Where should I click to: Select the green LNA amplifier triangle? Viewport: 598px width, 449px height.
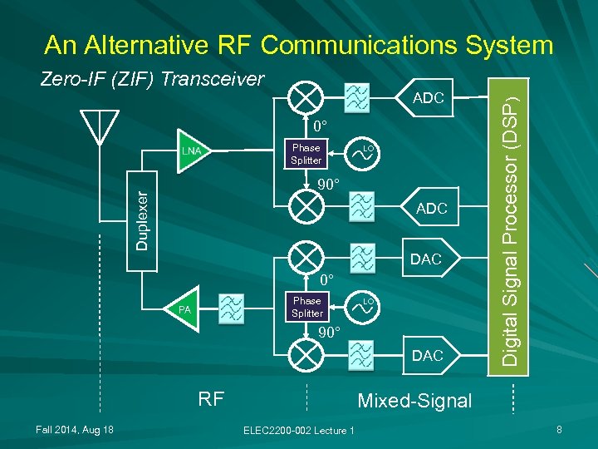(x=194, y=151)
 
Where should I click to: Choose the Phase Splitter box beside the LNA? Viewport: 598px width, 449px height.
(x=306, y=154)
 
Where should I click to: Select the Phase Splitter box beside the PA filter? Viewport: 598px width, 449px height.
(x=306, y=307)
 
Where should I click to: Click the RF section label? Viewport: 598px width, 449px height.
(x=211, y=398)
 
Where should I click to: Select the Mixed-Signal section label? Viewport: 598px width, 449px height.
(x=414, y=401)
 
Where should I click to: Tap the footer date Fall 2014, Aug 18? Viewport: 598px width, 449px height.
(x=75, y=428)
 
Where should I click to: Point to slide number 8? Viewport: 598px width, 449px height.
(x=560, y=428)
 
